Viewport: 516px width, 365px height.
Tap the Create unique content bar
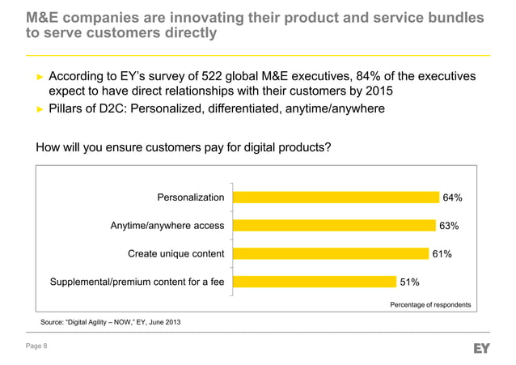pos(329,254)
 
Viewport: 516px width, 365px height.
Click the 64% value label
pos(452,197)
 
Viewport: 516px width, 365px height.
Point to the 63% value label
pos(449,226)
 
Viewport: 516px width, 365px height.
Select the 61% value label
pos(442,254)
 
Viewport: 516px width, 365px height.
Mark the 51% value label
pos(409,282)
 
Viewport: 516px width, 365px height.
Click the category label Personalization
pos(190,197)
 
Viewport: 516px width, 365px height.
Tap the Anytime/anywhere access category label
pos(167,226)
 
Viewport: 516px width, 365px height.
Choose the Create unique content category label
pos(176,254)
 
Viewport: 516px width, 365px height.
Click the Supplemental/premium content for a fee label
pos(137,282)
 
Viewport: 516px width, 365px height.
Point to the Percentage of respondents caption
pos(430,305)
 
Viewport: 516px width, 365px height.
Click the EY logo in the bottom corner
pos(482,347)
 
